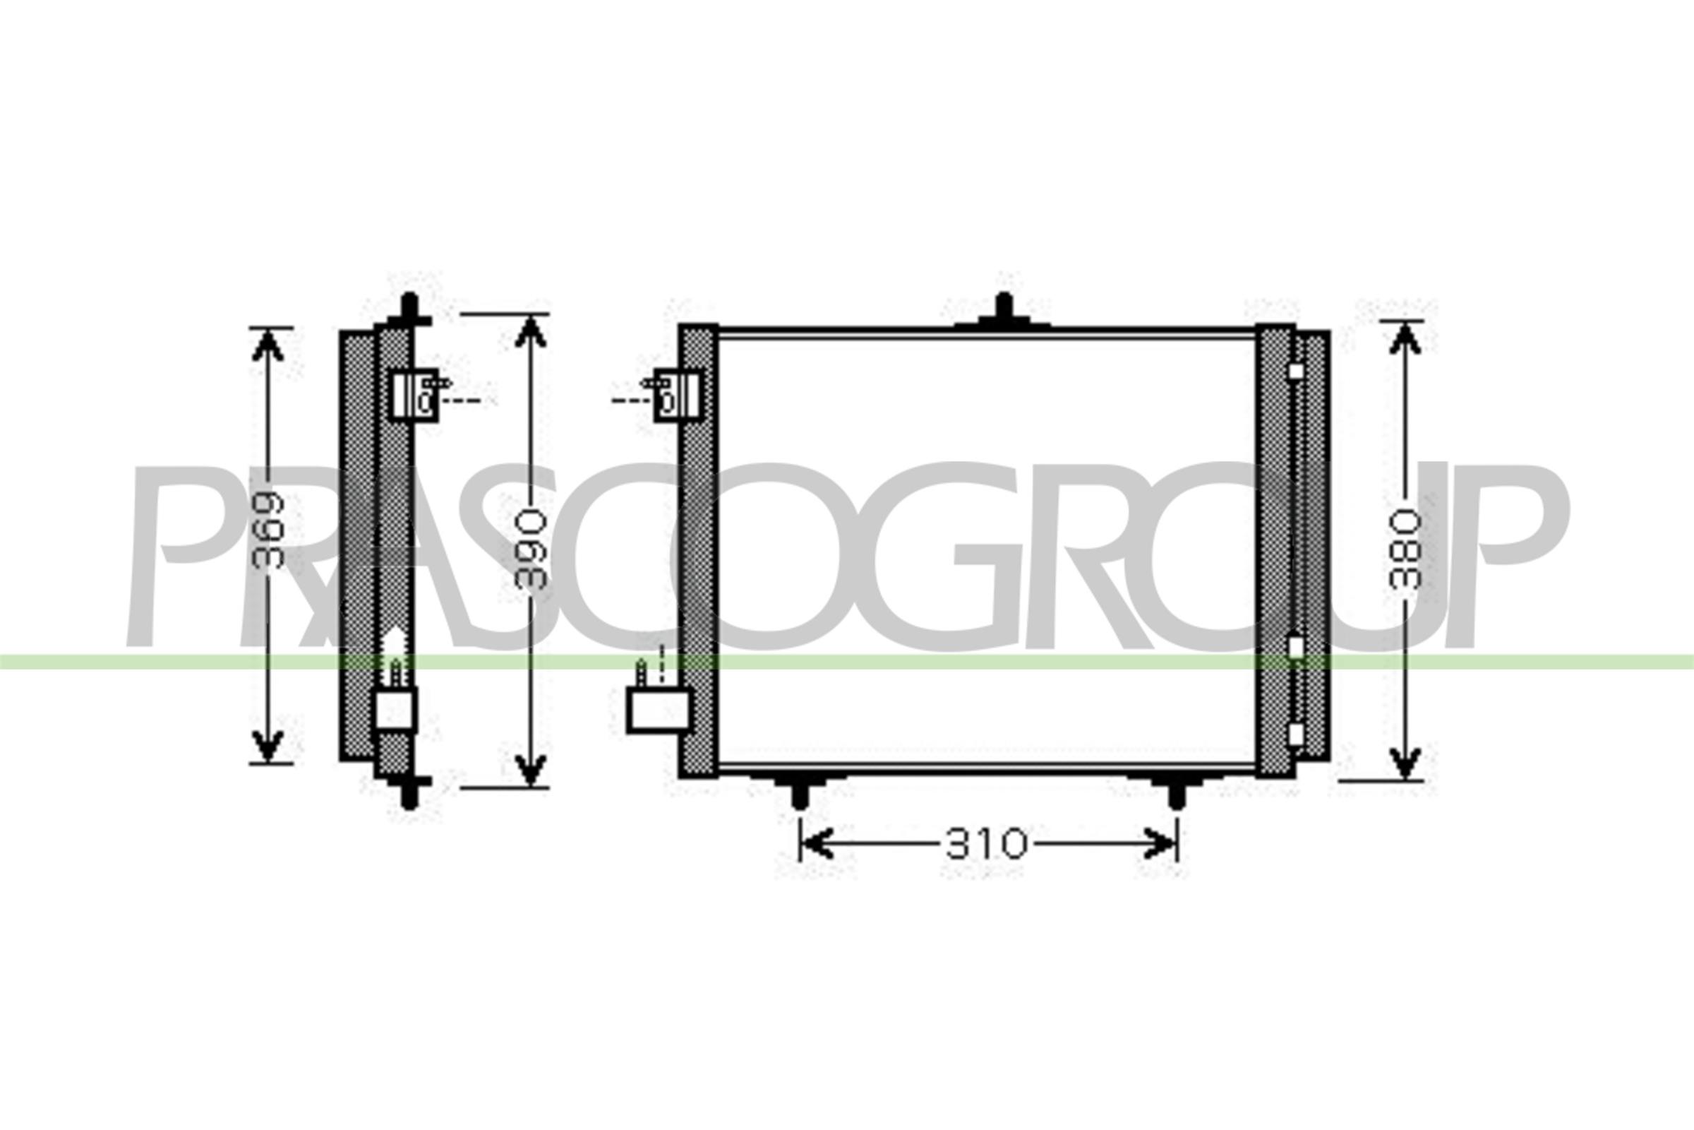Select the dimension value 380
click(1405, 549)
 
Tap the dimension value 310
click(986, 844)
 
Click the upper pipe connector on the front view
click(677, 395)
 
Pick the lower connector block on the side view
click(395, 709)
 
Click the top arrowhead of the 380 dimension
click(1405, 339)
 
